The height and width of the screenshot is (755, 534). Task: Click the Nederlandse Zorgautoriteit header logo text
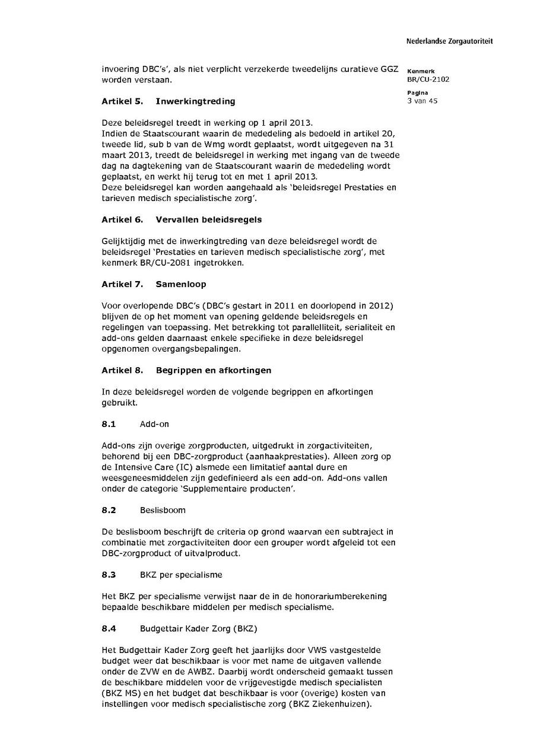click(449, 42)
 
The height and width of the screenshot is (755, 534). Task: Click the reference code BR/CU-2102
click(428, 79)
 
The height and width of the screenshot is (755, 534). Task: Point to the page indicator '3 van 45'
click(422, 101)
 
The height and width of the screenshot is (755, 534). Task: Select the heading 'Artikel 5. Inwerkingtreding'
click(168, 101)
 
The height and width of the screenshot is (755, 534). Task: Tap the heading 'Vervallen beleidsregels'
click(208, 219)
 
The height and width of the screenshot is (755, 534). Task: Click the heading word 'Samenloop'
click(181, 284)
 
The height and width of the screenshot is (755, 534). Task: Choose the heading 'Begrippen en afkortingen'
click(213, 370)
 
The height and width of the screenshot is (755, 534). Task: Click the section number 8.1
click(109, 424)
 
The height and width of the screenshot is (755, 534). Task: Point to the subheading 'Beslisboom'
click(163, 510)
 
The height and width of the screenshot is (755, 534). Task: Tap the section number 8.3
click(109, 575)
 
